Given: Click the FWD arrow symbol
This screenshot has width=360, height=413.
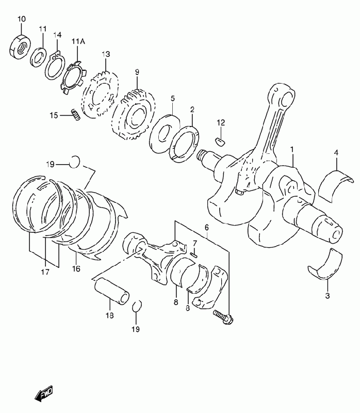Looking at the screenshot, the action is pyautogui.click(x=44, y=393).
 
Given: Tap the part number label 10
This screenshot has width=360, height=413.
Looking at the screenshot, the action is pyautogui.click(x=22, y=19).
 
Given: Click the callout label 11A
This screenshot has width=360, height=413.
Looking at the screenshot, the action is pyautogui.click(x=78, y=41).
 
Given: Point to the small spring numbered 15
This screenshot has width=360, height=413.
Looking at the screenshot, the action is pyautogui.click(x=76, y=115).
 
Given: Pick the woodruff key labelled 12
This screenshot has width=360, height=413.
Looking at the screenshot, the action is pyautogui.click(x=221, y=141).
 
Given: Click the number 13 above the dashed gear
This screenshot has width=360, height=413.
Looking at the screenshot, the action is pyautogui.click(x=106, y=54).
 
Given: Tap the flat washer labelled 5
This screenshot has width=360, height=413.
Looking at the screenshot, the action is pyautogui.click(x=165, y=134).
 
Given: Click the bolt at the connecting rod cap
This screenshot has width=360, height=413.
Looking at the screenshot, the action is pyautogui.click(x=223, y=316).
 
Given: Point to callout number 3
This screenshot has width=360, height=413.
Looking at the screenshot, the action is pyautogui.click(x=328, y=295).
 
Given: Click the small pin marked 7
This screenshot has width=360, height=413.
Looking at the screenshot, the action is pyautogui.click(x=194, y=255).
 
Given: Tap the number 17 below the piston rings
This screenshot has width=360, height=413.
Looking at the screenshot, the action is pyautogui.click(x=45, y=272).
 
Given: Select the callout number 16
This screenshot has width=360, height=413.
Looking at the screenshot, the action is pyautogui.click(x=76, y=269).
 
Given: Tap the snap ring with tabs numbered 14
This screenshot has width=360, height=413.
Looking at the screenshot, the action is pyautogui.click(x=55, y=65).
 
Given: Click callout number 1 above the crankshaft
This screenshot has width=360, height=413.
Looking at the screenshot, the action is pyautogui.click(x=292, y=149).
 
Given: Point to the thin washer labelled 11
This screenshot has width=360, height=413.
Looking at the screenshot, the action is pyautogui.click(x=38, y=57).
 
